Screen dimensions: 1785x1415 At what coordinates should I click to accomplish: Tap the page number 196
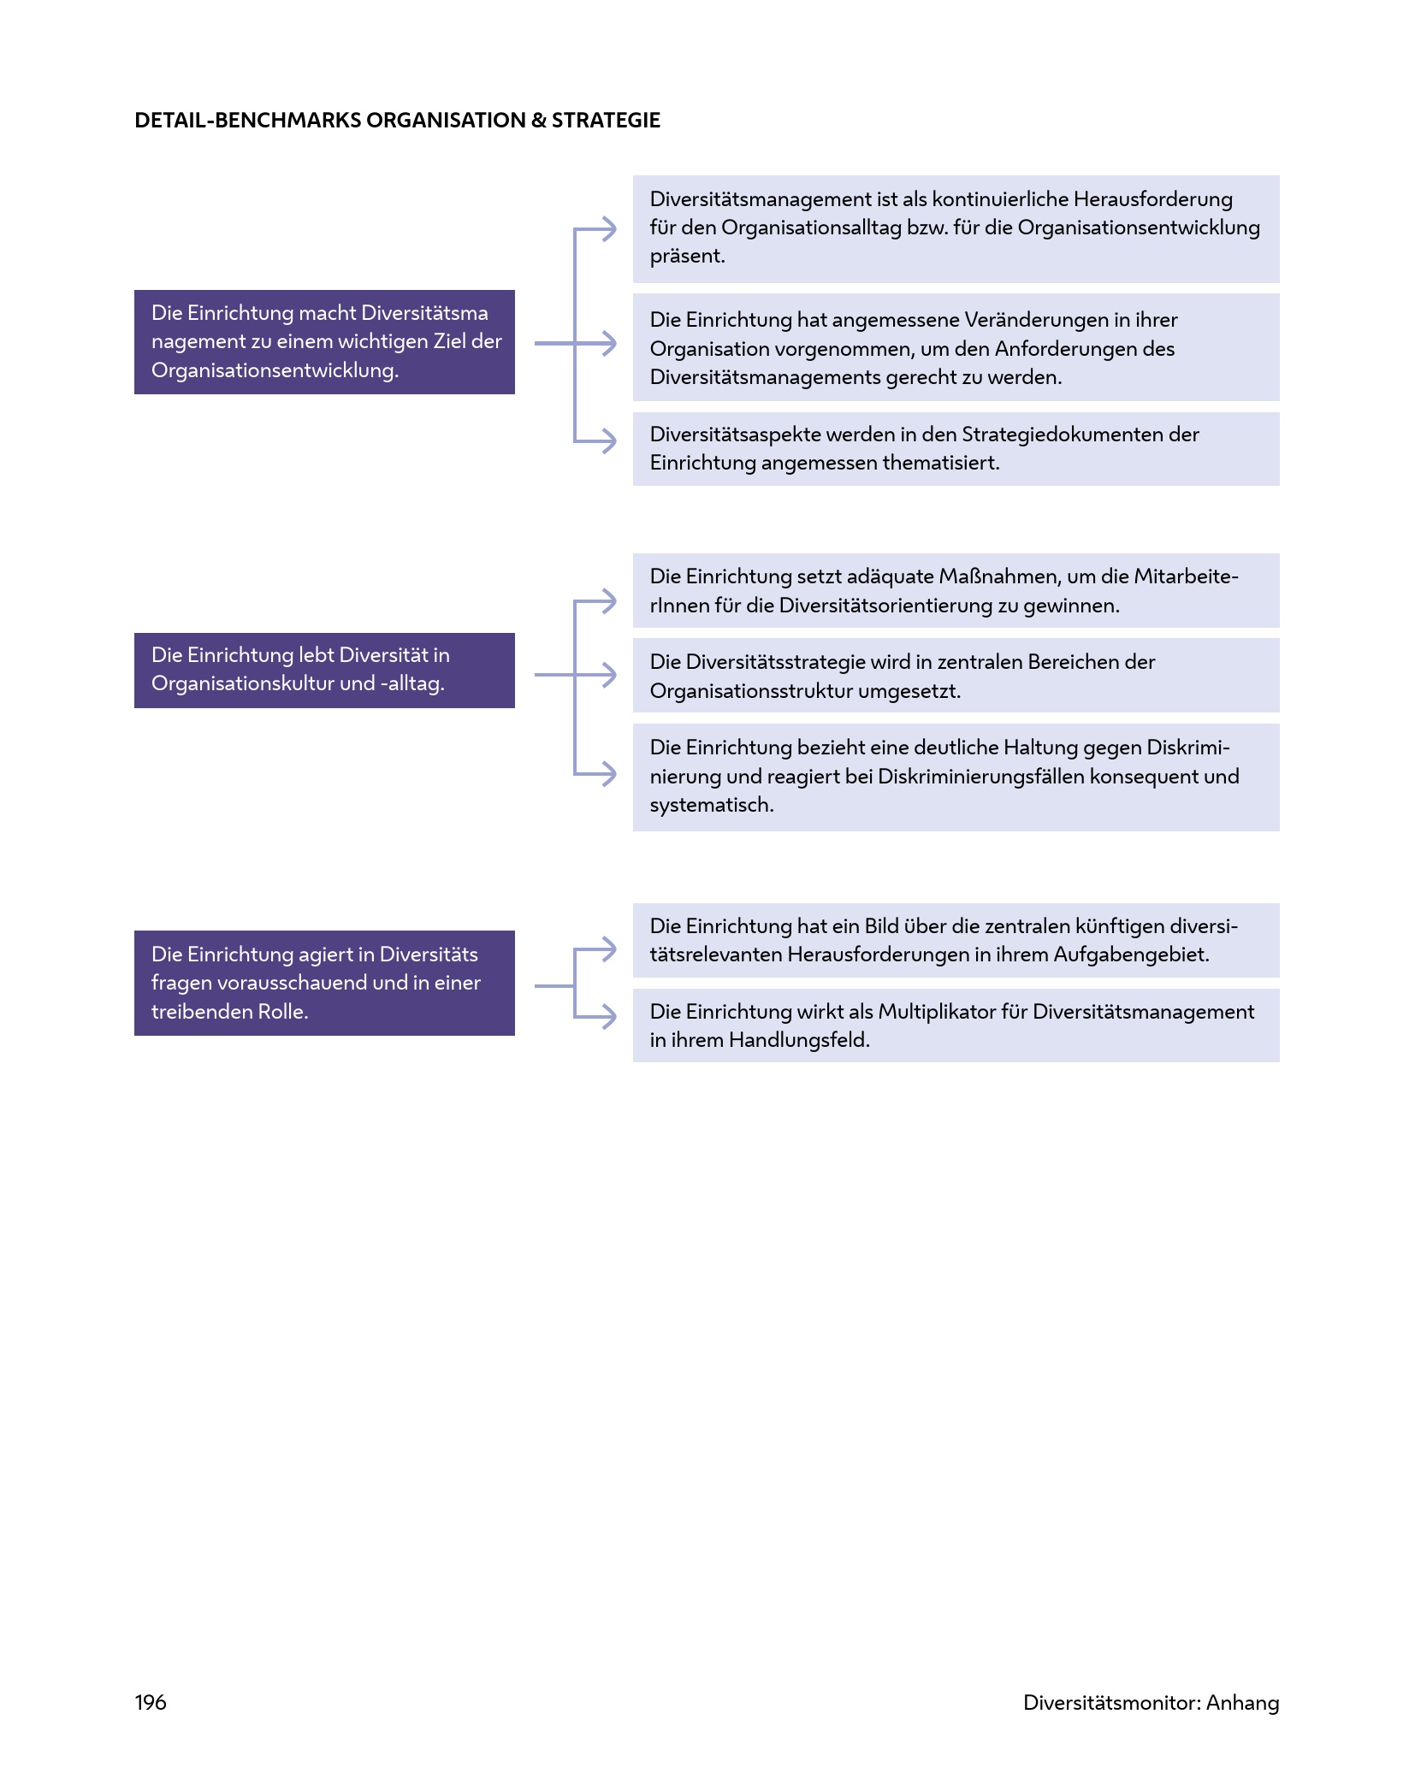coord(151,1702)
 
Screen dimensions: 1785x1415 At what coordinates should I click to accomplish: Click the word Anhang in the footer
coord(1242,1703)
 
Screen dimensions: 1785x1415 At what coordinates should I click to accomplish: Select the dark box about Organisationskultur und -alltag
coord(324,670)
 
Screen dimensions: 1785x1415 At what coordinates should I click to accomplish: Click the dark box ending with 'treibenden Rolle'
coord(324,983)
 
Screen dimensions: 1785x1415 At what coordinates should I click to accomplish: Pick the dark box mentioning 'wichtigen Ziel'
coord(324,342)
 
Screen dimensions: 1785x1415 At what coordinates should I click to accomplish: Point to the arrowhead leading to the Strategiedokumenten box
coord(609,440)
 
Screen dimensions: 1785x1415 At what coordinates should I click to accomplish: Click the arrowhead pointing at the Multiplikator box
coord(609,1016)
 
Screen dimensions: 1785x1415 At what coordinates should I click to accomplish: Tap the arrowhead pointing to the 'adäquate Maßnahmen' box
coord(609,601)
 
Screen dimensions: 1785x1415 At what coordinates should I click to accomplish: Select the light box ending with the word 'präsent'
coord(956,228)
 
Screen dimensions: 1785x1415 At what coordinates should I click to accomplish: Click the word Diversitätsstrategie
coord(775,662)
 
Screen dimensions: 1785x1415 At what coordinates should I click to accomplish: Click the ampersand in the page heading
coord(539,121)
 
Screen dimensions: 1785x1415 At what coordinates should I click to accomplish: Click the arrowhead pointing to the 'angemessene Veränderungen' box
coord(609,343)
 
